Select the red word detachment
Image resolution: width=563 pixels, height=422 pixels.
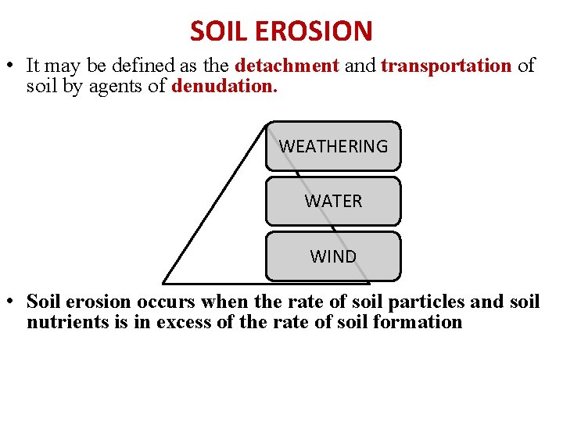[287, 66]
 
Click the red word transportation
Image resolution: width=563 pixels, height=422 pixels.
[446, 66]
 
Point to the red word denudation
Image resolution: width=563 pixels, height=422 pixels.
[224, 86]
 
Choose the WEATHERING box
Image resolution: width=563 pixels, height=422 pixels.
[333, 146]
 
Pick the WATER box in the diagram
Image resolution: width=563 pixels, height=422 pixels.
[333, 201]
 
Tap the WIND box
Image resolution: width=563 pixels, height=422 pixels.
[333, 256]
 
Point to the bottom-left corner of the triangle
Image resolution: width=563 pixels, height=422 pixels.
[164, 281]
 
